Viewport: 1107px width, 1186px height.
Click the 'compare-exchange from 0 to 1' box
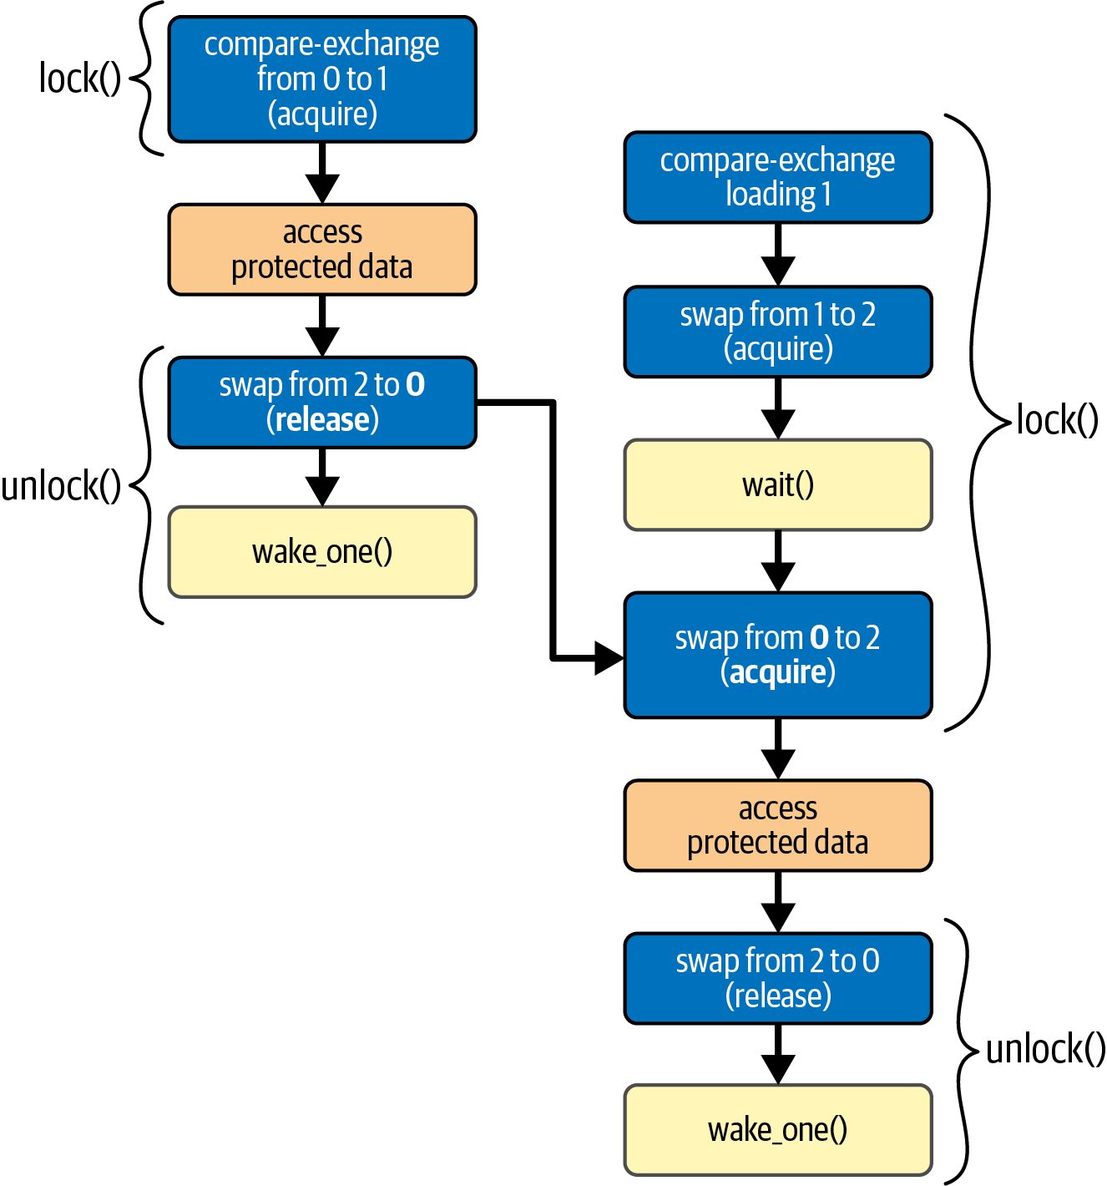(321, 79)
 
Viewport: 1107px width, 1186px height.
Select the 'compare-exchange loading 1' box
(777, 177)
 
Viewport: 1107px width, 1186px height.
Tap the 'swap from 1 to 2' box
(777, 332)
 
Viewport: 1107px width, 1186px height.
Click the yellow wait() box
(777, 484)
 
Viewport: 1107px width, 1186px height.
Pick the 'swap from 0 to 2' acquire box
(777, 655)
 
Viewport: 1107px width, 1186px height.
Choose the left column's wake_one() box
(321, 552)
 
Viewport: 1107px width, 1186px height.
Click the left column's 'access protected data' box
(321, 250)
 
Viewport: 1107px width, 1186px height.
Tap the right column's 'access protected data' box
(777, 825)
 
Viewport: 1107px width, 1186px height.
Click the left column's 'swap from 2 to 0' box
(321, 403)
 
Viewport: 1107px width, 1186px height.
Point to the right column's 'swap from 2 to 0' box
(777, 978)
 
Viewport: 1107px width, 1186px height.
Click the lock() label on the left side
(79, 79)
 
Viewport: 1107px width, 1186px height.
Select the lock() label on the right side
(1057, 420)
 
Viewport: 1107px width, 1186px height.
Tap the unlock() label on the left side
(61, 485)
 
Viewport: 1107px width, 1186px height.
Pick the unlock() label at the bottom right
(1045, 1049)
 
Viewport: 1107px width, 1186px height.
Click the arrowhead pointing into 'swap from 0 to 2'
(609, 658)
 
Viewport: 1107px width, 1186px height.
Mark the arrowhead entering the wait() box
(777, 424)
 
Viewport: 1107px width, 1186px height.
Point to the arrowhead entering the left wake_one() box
(321, 491)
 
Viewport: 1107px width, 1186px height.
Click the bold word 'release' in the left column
(322, 419)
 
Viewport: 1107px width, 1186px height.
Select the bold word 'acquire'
(777, 672)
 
